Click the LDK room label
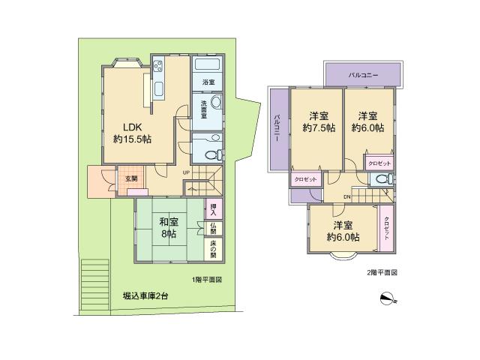click(x=123, y=127)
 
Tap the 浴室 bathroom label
click(x=208, y=82)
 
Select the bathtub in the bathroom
click(x=207, y=65)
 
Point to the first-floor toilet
click(x=211, y=154)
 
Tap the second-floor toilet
click(x=382, y=179)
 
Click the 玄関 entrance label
click(x=131, y=178)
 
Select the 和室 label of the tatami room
click(x=168, y=221)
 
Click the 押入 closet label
click(x=213, y=208)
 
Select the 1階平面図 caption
click(x=206, y=280)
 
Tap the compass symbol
click(x=387, y=298)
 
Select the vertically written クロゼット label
click(x=386, y=228)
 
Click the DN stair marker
click(x=346, y=196)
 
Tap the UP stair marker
click(x=185, y=173)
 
